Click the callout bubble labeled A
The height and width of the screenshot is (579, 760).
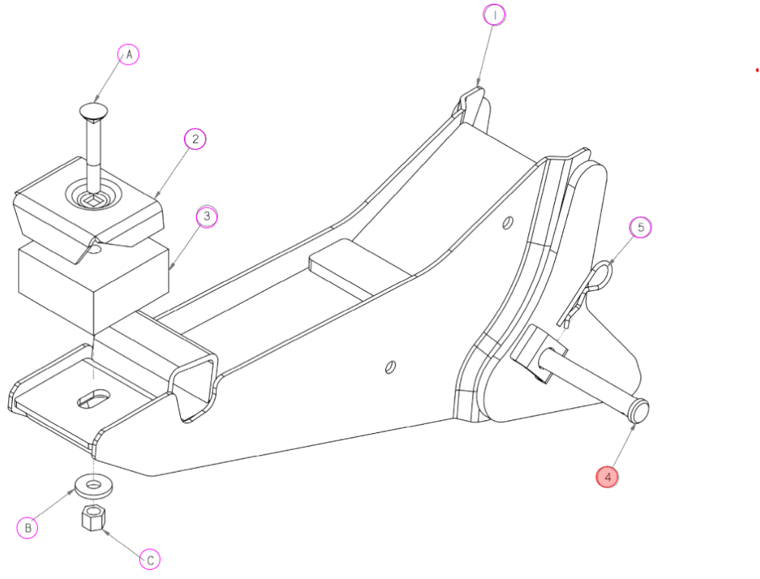coord(128,54)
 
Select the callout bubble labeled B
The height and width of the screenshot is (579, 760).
coord(27,527)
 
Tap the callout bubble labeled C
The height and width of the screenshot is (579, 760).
coord(150,559)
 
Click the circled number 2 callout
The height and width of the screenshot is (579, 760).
coord(195,139)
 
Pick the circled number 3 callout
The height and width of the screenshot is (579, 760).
coord(207,216)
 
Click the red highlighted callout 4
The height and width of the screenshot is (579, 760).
coord(607,476)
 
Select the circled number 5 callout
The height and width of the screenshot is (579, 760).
coord(641,227)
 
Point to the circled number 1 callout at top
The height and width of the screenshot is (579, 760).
coord(495,15)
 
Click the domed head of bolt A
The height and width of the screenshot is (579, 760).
coord(93,110)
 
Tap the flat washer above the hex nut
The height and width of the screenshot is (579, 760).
coord(93,485)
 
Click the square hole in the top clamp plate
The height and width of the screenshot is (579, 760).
coord(90,200)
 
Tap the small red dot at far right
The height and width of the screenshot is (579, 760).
coord(757,70)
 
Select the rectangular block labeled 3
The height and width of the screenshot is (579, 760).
coord(93,284)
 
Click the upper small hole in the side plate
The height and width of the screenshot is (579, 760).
coord(508,223)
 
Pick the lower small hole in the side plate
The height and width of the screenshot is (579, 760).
coord(390,367)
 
